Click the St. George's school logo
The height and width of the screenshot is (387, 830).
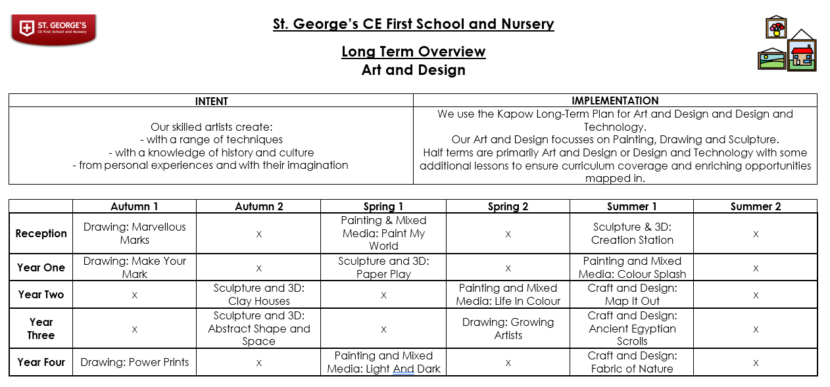point(54,29)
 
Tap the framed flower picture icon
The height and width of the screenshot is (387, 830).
point(777,28)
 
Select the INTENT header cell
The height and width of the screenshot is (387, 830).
point(211,101)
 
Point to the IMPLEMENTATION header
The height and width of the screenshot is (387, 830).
point(615,101)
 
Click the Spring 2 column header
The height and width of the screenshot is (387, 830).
point(508,206)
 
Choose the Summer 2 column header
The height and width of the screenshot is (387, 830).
point(756,206)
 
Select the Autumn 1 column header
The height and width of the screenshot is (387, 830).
point(134,206)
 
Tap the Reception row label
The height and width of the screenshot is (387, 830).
point(41,233)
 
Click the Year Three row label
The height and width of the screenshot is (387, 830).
point(41,329)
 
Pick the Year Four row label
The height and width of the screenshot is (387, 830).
point(41,362)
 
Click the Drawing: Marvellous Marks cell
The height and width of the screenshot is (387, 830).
point(134,233)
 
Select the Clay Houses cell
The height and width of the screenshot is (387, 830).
point(258,294)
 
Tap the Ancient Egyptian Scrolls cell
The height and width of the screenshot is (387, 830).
point(631,329)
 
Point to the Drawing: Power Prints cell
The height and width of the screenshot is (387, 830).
point(134,362)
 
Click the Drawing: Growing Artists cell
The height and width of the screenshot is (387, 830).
point(508,329)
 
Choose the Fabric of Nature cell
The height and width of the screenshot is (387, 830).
point(631,362)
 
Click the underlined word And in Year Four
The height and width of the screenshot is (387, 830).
point(403,369)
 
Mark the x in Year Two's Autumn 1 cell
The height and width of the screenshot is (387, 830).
point(134,295)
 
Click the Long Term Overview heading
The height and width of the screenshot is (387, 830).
point(413,51)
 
